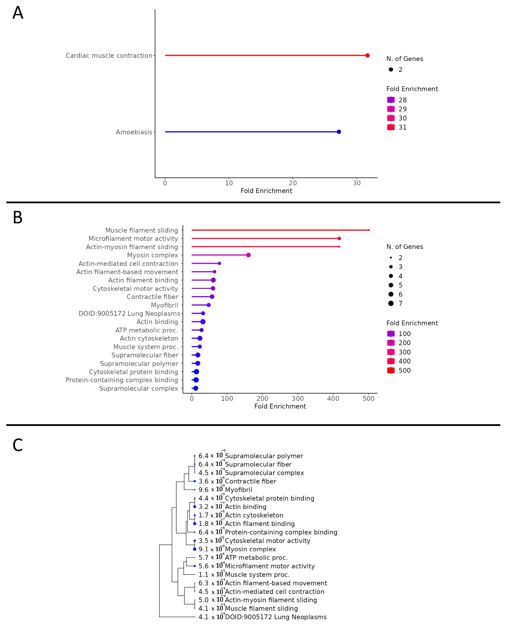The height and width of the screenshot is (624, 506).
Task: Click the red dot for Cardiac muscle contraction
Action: pyautogui.click(x=367, y=55)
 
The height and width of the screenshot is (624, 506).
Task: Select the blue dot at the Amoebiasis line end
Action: pyautogui.click(x=339, y=132)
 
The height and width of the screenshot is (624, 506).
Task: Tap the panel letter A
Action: pyautogui.click(x=18, y=13)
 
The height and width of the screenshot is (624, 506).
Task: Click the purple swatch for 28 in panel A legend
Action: pyautogui.click(x=391, y=100)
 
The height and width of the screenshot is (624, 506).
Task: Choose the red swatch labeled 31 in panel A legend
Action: pyautogui.click(x=391, y=127)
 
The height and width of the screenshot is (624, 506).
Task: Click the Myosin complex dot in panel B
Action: pyautogui.click(x=248, y=255)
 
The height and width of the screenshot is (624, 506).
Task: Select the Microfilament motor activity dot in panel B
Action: pyautogui.click(x=339, y=238)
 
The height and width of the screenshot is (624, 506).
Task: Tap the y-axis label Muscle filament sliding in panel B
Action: pyautogui.click(x=142, y=230)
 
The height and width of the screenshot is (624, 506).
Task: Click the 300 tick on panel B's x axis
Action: pyautogui.click(x=298, y=398)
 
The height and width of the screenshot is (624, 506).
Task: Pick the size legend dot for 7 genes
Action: pyautogui.click(x=391, y=303)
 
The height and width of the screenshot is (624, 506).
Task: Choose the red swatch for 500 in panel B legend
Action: pyautogui.click(x=391, y=370)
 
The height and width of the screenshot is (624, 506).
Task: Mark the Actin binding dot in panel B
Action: pyautogui.click(x=203, y=322)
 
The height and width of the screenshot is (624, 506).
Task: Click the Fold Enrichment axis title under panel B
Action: pyautogui.click(x=280, y=406)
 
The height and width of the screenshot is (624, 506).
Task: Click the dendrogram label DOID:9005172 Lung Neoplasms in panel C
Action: pyautogui.click(x=276, y=617)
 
